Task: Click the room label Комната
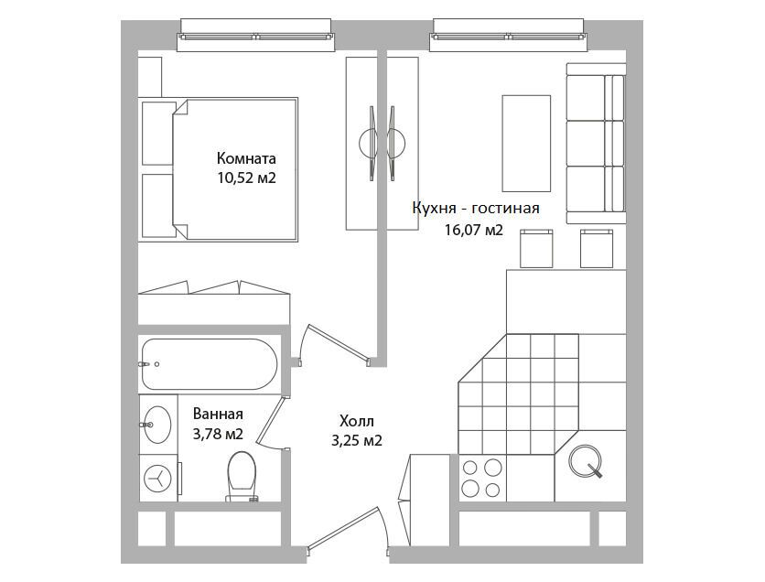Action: click(x=246, y=158)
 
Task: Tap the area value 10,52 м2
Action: click(x=247, y=178)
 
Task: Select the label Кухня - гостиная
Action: click(x=476, y=209)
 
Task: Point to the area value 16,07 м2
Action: click(x=473, y=230)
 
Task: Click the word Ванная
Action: click(x=218, y=415)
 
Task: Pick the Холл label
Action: click(x=357, y=421)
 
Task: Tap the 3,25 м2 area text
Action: click(x=357, y=441)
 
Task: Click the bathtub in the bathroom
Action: click(x=210, y=364)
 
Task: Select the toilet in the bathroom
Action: click(x=241, y=477)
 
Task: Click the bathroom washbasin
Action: click(x=157, y=425)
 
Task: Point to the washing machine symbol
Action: click(x=158, y=479)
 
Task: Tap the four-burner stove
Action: click(x=482, y=478)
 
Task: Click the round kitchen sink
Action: click(x=585, y=460)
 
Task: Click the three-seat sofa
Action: click(x=596, y=143)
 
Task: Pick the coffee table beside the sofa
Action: click(x=526, y=144)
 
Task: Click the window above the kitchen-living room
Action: click(x=507, y=35)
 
